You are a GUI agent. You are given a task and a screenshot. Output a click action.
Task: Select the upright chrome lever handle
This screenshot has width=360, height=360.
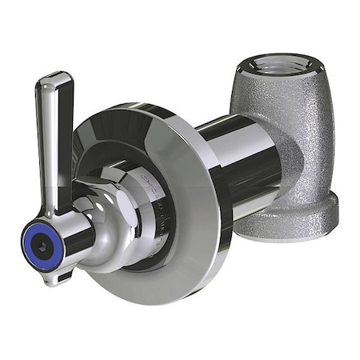click(x=54, y=136)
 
